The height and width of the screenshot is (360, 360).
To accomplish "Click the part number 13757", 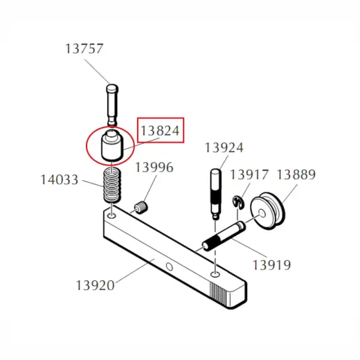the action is (84, 48).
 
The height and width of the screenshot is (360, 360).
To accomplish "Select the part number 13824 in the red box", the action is (160, 131).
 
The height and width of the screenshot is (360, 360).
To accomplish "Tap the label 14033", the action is (60, 180).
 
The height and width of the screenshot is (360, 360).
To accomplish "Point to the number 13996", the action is (154, 168).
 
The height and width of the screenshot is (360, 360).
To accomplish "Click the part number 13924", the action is (224, 147).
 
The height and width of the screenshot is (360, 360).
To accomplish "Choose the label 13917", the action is (249, 174).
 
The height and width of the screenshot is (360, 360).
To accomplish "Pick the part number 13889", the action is (296, 174).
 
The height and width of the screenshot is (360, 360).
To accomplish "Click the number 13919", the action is (272, 265).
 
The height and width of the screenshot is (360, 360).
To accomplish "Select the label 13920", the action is (96, 285).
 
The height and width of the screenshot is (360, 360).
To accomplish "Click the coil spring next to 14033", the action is (112, 186).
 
